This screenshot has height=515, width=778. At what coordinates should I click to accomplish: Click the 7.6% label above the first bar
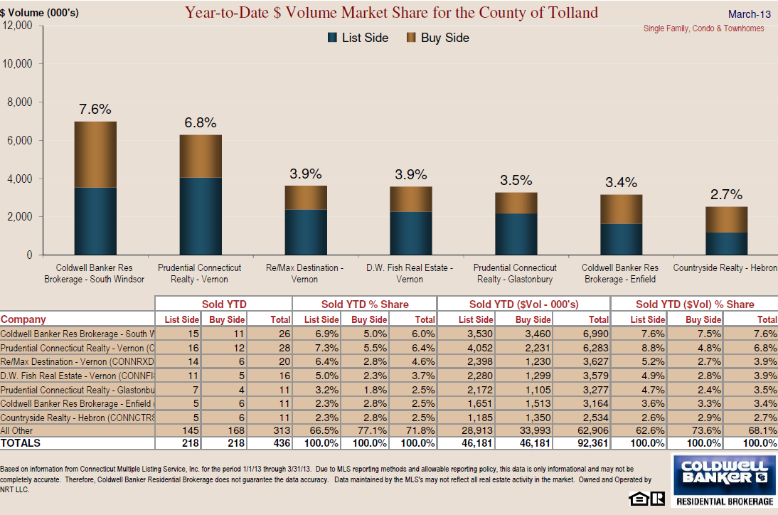click(95, 109)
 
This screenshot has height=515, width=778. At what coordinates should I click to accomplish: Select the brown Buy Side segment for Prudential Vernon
click(201, 156)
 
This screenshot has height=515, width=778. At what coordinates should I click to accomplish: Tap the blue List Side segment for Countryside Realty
click(726, 243)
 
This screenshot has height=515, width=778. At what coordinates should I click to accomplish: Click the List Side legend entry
click(358, 38)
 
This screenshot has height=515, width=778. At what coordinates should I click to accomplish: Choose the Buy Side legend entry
click(437, 38)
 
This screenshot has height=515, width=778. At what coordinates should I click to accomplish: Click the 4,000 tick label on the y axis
click(19, 179)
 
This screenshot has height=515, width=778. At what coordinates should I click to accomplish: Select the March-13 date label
click(750, 14)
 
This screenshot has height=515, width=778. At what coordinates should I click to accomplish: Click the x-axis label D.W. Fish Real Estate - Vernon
click(410, 273)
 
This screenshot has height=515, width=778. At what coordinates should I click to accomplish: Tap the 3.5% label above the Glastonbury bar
click(516, 180)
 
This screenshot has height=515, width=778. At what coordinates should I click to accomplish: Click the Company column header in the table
click(23, 319)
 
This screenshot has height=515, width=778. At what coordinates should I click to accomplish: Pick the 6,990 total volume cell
click(595, 334)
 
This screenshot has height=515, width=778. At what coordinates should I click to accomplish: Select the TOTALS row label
click(21, 443)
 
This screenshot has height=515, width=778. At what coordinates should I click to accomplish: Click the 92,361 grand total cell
click(592, 443)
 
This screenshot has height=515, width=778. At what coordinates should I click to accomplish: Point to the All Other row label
click(16, 430)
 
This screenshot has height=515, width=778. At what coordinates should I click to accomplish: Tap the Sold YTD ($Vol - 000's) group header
click(523, 304)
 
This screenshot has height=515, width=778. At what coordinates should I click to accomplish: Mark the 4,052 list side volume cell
click(479, 349)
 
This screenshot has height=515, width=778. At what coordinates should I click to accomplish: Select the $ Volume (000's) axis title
click(39, 12)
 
